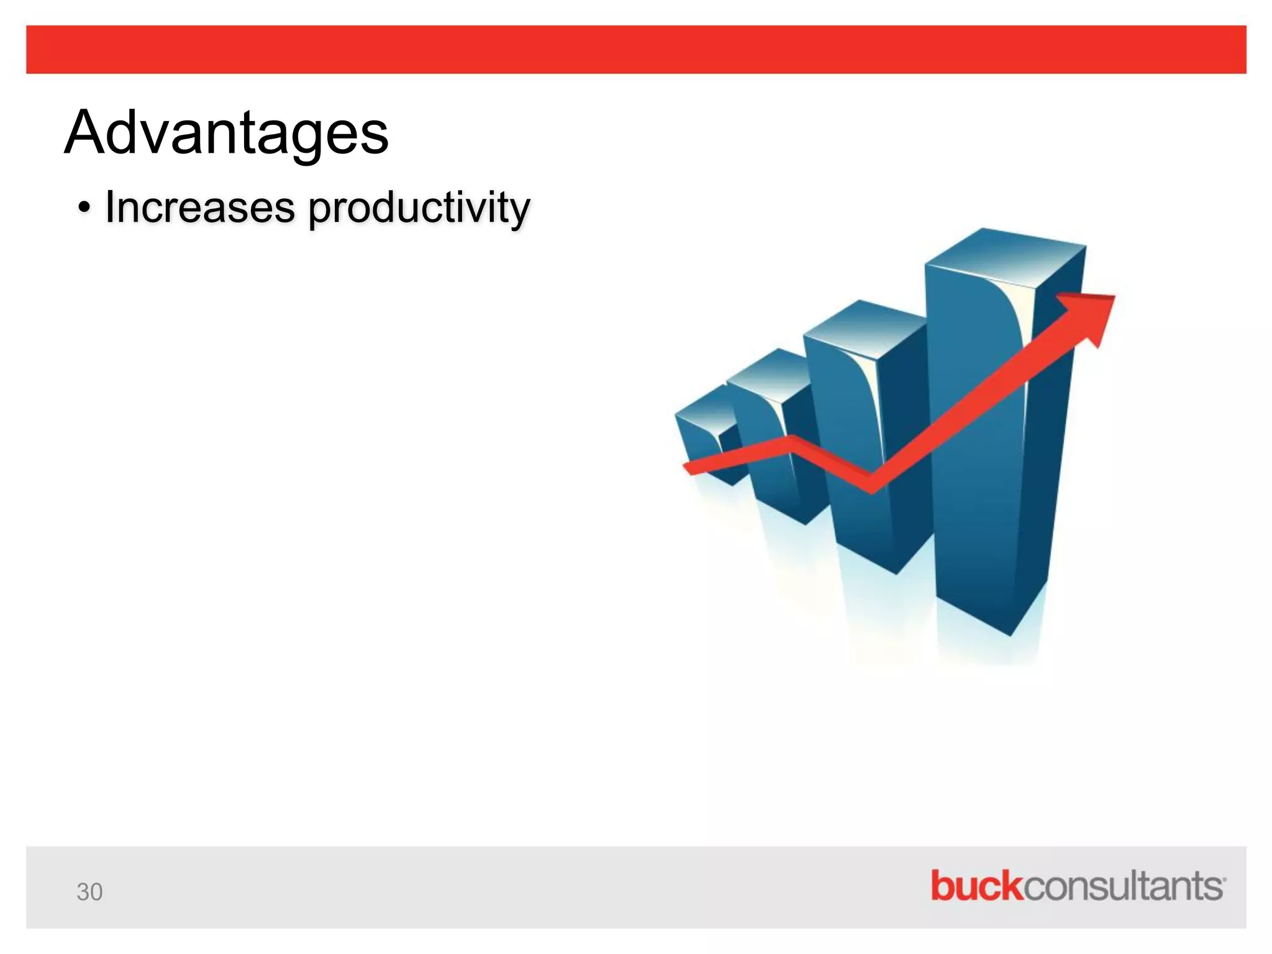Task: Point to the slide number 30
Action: click(x=89, y=892)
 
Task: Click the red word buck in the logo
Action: click(x=976, y=886)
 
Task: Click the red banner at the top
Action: click(x=636, y=50)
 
